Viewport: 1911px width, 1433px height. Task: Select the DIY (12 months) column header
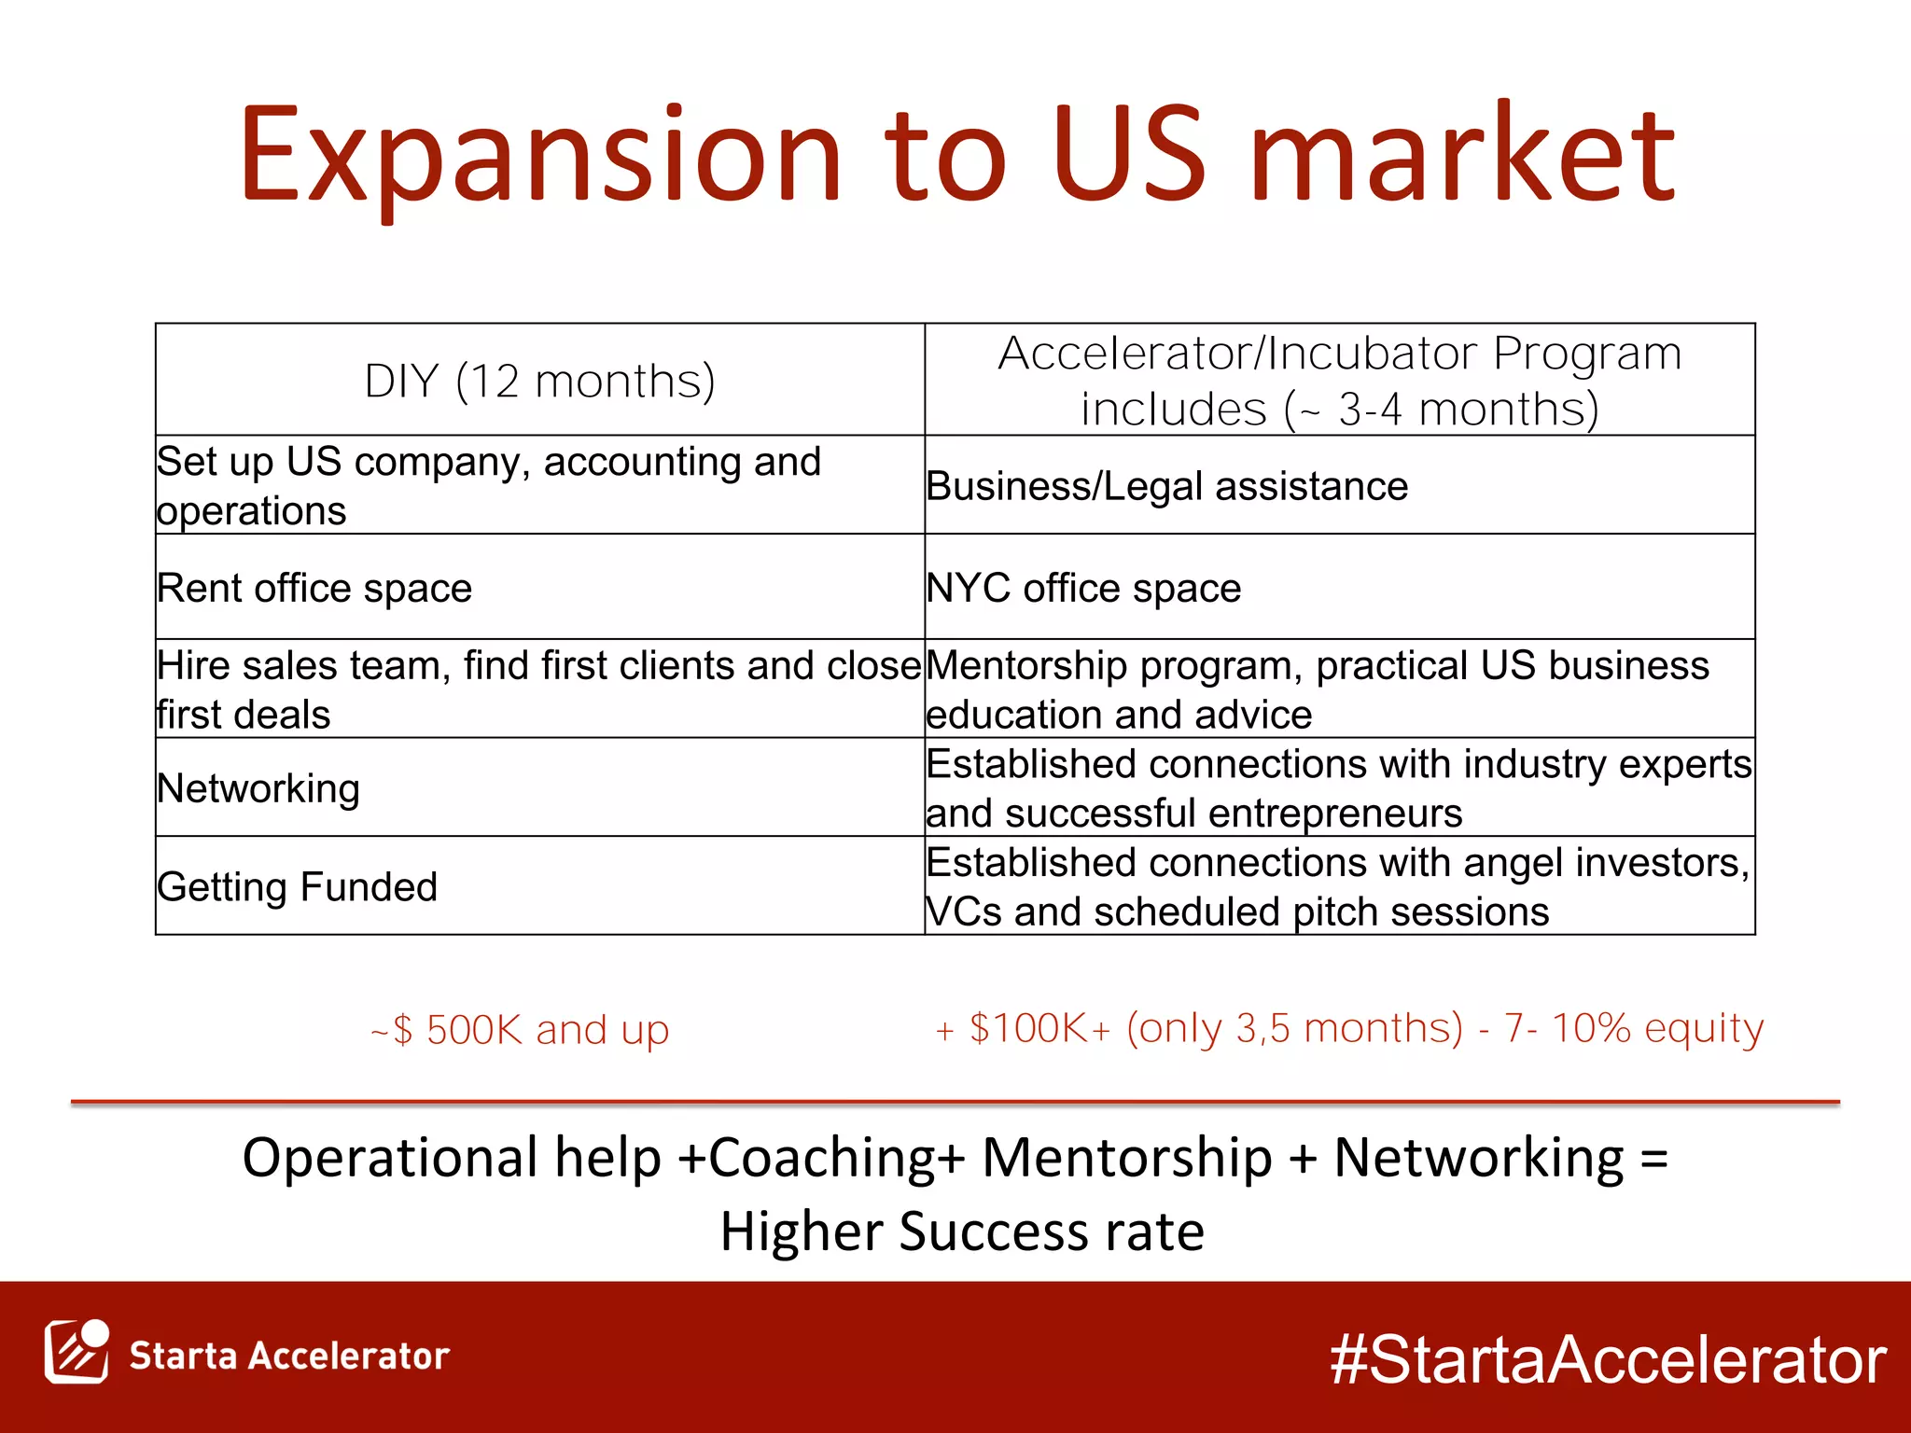coord(539,381)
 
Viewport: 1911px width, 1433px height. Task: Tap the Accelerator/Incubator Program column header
coord(1339,381)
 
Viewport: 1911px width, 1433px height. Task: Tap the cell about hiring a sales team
coord(538,689)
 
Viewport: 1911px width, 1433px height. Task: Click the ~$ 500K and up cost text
coord(520,1030)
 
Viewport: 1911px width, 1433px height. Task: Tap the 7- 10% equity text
coord(1634,1028)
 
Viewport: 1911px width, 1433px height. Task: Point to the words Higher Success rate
coord(962,1231)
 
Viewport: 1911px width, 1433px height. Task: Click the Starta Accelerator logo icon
coord(77,1352)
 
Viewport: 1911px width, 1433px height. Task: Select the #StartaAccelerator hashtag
coord(1608,1358)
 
